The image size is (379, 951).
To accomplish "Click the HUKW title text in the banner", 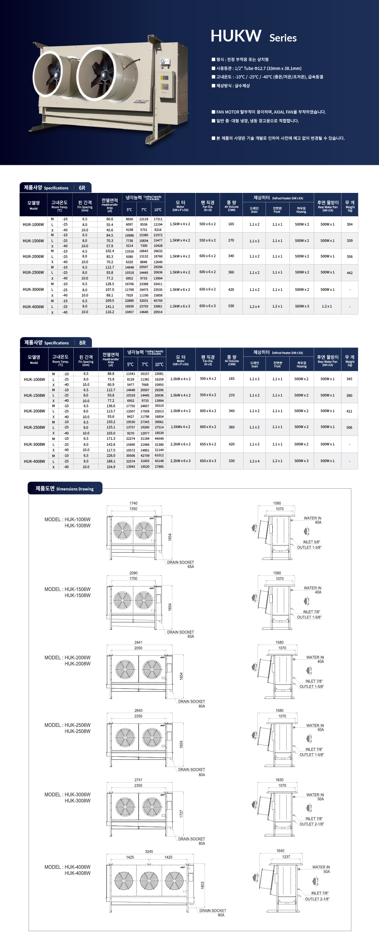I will (236, 36).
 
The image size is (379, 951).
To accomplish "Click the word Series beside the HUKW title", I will (283, 38).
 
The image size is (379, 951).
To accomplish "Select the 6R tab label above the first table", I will (82, 188).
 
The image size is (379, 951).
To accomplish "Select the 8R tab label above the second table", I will (82, 343).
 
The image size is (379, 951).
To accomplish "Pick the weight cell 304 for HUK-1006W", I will (350, 224).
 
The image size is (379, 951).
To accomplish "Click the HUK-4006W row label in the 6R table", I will (33, 306).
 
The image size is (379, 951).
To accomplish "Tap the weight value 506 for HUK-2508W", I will (349, 427).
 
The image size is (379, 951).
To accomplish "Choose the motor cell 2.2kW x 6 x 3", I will (180, 461).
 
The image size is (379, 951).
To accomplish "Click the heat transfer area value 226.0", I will (111, 455).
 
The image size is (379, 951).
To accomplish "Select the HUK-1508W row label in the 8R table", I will (34, 395).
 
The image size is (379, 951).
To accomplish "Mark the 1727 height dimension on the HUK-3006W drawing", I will (181, 814).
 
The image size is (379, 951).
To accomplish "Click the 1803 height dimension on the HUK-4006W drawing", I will (202, 885).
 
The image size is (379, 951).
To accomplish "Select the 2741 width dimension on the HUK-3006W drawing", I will (138, 780).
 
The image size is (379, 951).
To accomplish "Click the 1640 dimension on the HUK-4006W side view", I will (280, 851).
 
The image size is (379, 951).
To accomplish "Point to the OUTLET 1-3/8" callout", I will (309, 547).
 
